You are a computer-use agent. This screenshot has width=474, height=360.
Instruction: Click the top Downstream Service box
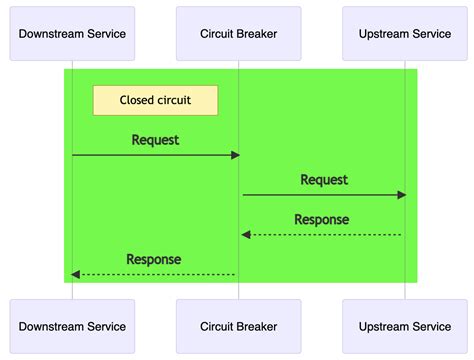[x=72, y=34]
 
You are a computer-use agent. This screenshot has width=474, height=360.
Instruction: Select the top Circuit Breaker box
[x=238, y=34]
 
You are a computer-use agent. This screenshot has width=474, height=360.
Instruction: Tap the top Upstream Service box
[x=404, y=34]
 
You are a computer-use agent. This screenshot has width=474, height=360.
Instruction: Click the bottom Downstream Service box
[x=72, y=326]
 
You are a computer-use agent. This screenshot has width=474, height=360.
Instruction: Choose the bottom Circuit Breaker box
[x=238, y=326]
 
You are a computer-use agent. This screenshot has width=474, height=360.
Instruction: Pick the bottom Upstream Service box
[x=404, y=326]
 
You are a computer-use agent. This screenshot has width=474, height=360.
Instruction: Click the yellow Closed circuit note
[x=155, y=100]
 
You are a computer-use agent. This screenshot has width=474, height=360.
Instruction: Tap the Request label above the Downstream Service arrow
[x=155, y=140]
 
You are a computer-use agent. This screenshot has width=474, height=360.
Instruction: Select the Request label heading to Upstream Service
[x=324, y=180]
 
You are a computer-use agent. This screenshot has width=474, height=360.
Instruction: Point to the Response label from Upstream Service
[x=321, y=220]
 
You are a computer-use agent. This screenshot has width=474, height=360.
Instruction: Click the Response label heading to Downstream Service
[x=154, y=260]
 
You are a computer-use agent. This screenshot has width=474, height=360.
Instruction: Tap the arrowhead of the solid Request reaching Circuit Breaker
[x=235, y=155]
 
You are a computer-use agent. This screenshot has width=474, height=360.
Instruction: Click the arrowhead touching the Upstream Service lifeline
[x=401, y=195]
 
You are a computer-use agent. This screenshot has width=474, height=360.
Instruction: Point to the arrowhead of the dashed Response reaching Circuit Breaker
[x=245, y=235]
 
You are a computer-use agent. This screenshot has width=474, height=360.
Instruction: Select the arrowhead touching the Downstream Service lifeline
[x=76, y=274]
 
